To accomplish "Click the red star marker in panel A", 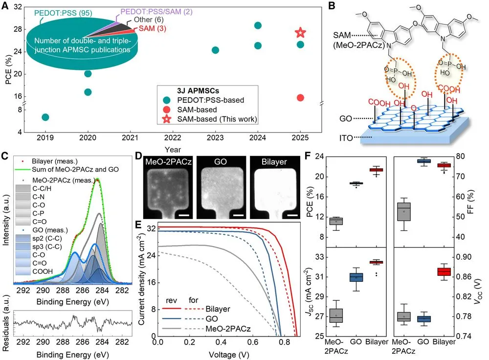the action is pos(300,32).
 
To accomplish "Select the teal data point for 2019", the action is pos(45,117).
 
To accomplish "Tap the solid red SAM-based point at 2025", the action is pos(300,98).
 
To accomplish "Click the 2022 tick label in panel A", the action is pos(173,137).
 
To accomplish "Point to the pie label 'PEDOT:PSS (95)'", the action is pos(63,13).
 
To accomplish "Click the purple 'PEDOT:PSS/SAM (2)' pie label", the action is pos(156,12).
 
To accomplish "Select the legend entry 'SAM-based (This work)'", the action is pos(217,119).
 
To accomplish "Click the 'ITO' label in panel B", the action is pos(346,138).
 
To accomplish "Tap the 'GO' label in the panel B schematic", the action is pos(346,118).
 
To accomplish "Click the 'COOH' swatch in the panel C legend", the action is pos(23,271).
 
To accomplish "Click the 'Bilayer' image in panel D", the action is pos(275,187).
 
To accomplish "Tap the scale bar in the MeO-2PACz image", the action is pos(184,215).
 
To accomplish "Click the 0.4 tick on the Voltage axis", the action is pos(221,342).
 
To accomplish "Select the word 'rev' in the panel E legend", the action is pos(171,300).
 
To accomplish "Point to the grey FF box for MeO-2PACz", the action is pos(404,212).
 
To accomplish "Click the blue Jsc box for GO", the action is pos(356,277).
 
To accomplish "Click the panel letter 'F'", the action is pos(308,156).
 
